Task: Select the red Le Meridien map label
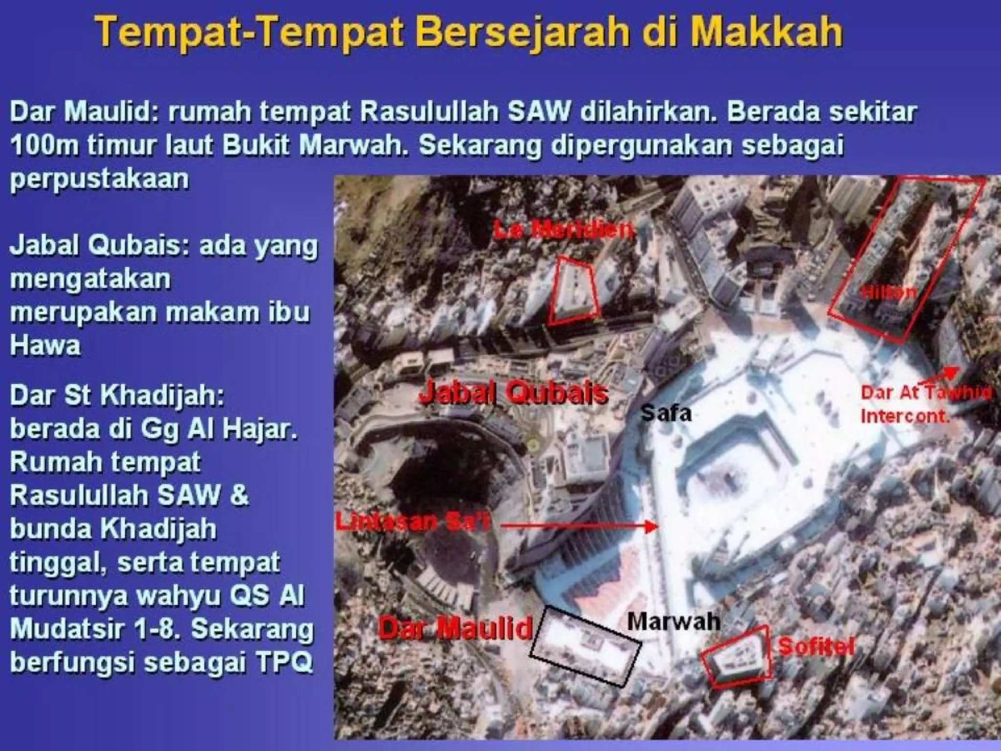(x=563, y=230)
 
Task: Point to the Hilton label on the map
(x=888, y=292)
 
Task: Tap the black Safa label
(x=666, y=414)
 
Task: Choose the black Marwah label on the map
(x=674, y=621)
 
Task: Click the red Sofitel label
(x=816, y=647)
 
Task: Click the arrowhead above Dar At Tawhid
(x=952, y=372)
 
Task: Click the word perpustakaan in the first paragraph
(x=99, y=179)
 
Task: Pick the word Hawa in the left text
(x=45, y=345)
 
